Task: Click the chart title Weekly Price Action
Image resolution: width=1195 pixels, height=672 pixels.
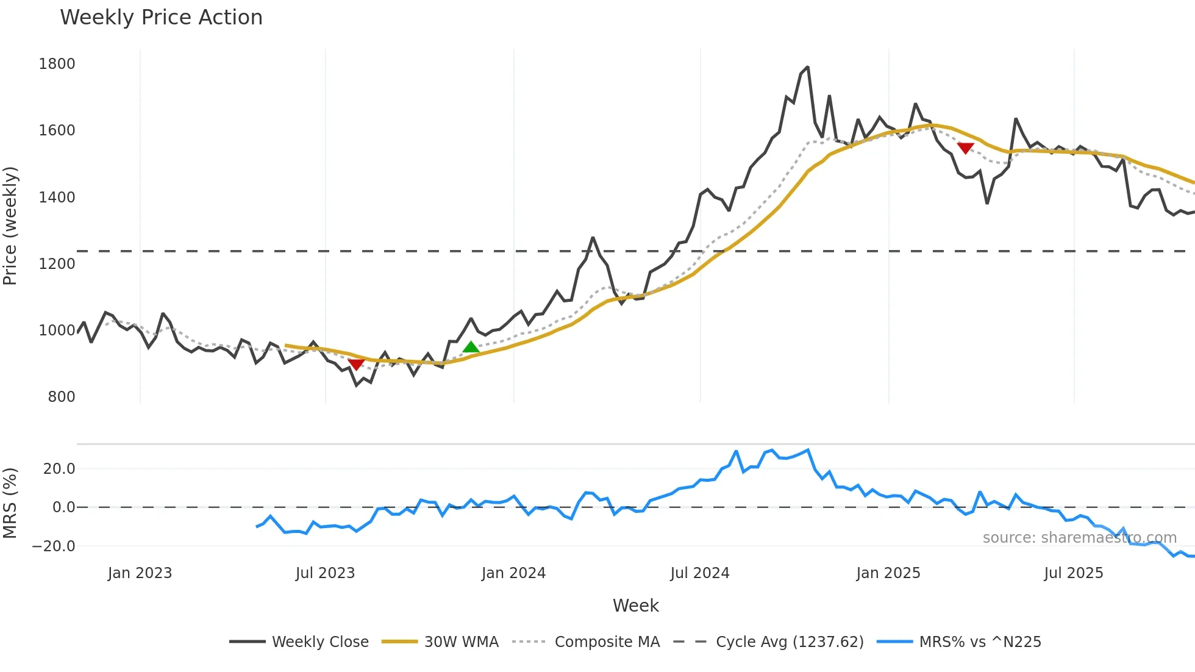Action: (161, 18)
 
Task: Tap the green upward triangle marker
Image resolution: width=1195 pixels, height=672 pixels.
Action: (471, 347)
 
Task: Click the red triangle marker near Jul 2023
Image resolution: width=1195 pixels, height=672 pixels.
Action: (356, 364)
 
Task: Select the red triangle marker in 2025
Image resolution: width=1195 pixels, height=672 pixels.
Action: (965, 148)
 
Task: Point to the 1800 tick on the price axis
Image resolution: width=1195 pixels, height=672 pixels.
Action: (57, 64)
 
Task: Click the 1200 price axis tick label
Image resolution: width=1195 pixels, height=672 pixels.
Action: (57, 264)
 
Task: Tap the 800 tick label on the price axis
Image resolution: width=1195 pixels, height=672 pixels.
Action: (61, 397)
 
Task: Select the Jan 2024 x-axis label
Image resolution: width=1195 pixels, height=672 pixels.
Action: (513, 573)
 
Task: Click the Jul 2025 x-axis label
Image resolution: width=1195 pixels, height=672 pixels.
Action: (1073, 573)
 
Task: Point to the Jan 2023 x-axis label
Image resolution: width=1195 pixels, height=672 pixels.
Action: (140, 573)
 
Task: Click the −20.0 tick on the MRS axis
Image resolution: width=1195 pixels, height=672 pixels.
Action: (54, 546)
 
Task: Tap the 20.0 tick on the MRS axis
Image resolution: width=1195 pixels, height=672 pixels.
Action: (59, 469)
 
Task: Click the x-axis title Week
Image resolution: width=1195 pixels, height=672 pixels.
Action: (635, 606)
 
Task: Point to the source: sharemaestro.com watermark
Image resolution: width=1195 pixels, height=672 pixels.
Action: (1079, 538)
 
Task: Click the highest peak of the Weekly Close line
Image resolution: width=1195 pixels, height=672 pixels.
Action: (808, 67)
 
